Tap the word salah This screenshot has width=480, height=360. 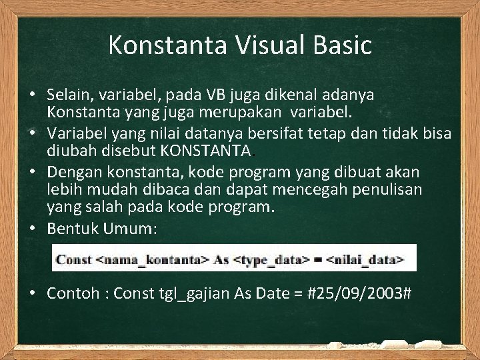pos(95,206)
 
